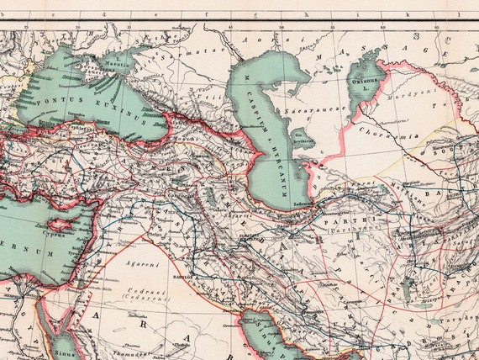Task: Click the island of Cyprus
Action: tap(61, 226)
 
